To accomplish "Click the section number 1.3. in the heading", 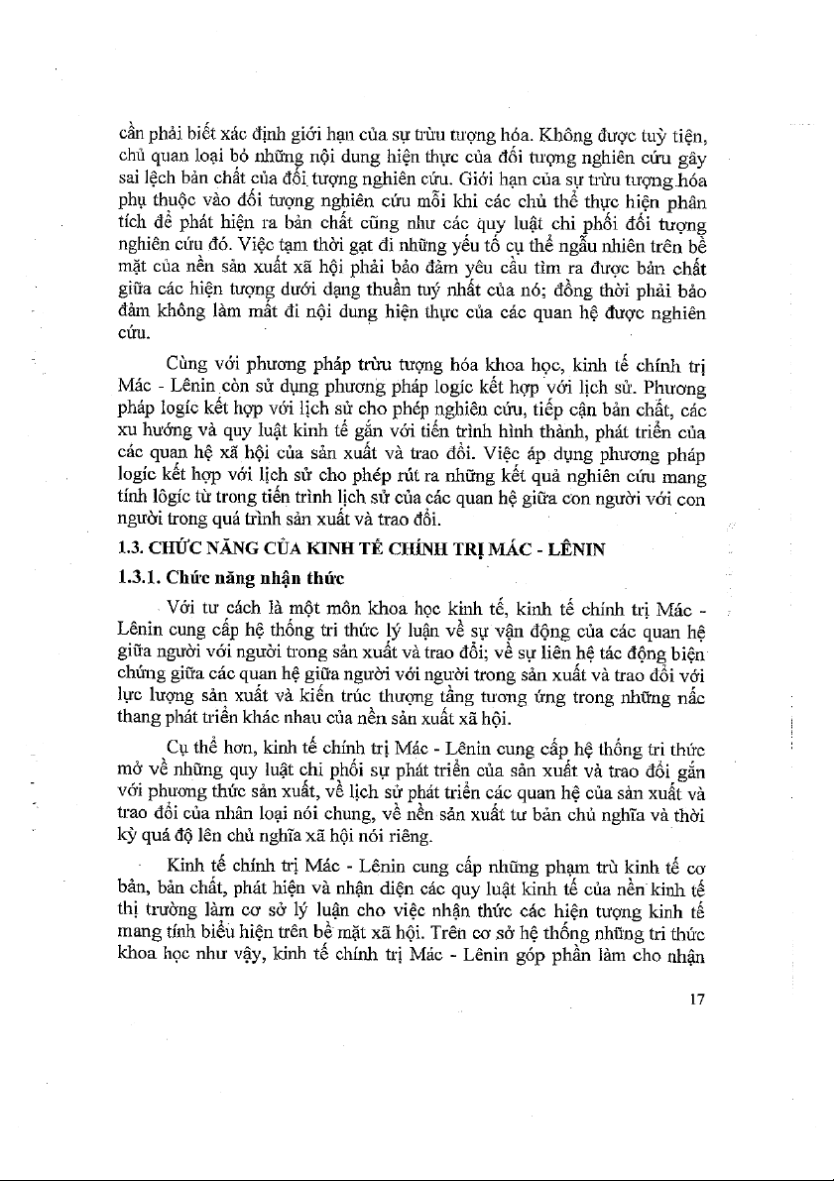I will coord(131,544).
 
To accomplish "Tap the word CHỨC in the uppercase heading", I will coord(179,544).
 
